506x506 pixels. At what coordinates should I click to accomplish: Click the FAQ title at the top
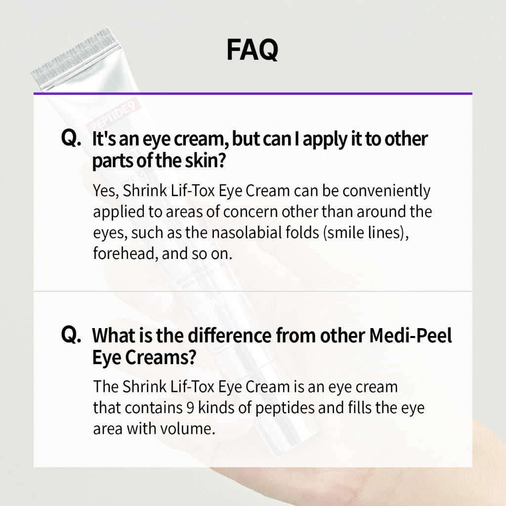point(253,50)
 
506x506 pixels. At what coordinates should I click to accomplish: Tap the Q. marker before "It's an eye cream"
point(71,139)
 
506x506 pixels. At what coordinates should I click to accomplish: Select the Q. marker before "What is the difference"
point(71,335)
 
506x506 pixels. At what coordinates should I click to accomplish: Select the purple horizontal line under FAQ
point(253,93)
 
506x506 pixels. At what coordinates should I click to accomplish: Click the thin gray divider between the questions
point(253,292)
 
